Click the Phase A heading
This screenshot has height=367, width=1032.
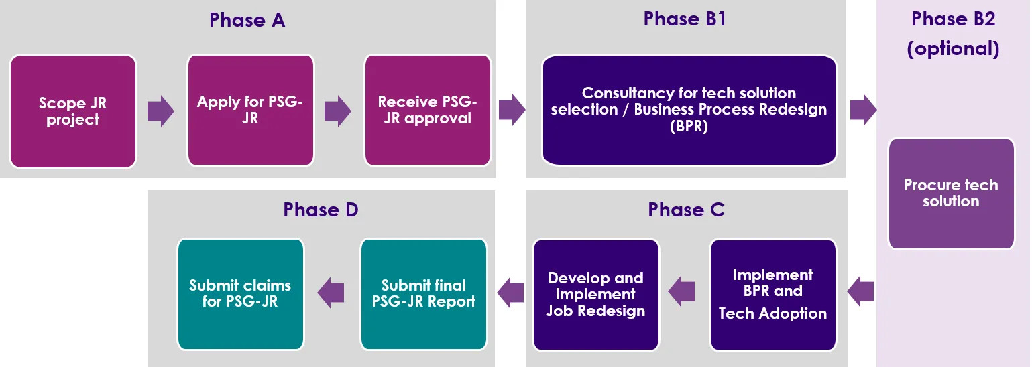247,20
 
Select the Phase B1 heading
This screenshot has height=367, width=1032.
685,19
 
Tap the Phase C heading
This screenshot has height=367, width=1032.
686,210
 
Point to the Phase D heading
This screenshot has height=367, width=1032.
321,210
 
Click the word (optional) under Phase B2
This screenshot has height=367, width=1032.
953,49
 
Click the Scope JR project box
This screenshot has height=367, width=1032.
73,111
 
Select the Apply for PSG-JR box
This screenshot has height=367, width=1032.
251,111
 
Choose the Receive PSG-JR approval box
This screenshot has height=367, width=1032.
428,111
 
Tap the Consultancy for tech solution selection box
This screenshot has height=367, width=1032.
689,110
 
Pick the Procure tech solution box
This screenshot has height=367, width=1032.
951,194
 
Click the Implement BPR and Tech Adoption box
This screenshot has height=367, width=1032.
772,295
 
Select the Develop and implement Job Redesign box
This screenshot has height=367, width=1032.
595,295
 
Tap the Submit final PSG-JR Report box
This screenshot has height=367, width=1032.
423,294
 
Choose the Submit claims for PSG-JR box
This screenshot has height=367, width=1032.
240,294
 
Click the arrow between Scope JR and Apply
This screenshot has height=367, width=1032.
161,111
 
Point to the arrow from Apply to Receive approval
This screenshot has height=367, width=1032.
338,111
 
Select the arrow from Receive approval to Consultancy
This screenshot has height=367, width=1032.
512,110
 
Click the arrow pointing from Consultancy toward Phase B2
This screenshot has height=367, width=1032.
864,110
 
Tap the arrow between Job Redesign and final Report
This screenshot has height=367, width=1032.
510,292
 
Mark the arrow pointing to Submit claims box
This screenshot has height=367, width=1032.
331,293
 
